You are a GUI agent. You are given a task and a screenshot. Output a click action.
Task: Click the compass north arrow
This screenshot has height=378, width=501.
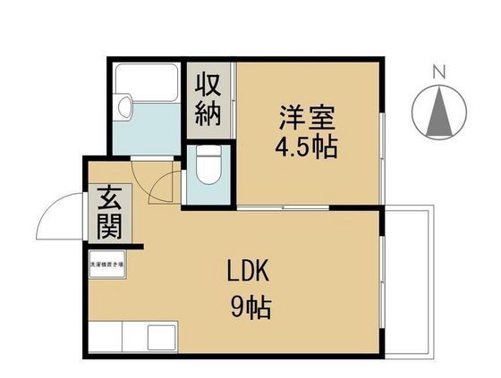(439, 112)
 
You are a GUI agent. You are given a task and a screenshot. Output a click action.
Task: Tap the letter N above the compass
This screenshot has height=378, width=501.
(439, 71)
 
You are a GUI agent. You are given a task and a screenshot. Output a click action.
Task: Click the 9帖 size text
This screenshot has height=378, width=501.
(249, 309)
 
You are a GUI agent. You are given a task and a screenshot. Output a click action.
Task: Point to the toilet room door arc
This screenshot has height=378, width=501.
(161, 186)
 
